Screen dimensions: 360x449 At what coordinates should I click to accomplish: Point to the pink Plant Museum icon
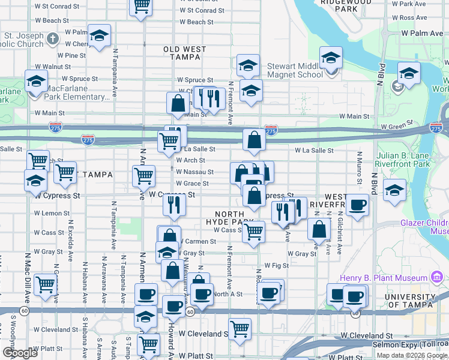click(x=438, y=277)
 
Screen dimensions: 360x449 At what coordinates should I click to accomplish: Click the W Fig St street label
click(x=277, y=265)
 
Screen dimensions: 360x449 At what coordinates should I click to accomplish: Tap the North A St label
click(x=228, y=294)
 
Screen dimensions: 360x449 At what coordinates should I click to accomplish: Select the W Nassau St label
click(x=194, y=172)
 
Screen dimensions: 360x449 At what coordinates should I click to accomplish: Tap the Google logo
click(x=19, y=353)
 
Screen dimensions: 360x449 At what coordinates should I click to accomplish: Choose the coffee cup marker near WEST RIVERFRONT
click(x=358, y=206)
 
